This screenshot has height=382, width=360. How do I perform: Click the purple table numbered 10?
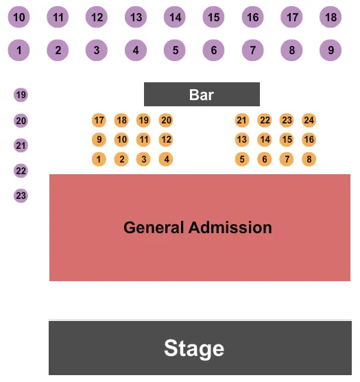click(20, 17)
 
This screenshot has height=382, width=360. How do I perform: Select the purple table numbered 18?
click(331, 17)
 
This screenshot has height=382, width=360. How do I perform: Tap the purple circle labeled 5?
click(176, 49)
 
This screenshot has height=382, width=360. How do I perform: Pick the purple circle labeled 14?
click(176, 17)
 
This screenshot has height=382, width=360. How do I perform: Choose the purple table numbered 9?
click(331, 49)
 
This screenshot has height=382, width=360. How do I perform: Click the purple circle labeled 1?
click(20, 49)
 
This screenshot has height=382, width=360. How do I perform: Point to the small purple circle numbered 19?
click(21, 95)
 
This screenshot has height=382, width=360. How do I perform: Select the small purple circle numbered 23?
click(21, 196)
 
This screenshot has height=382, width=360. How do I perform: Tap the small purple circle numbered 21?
click(21, 145)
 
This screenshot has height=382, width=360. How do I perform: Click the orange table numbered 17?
click(99, 121)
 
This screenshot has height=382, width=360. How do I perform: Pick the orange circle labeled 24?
click(309, 121)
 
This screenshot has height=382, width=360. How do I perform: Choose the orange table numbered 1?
click(99, 160)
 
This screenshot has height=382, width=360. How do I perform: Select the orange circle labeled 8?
click(309, 160)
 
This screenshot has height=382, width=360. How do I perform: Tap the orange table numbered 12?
click(166, 140)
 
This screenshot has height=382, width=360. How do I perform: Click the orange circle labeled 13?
click(241, 140)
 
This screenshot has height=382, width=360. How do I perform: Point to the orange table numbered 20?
click(166, 121)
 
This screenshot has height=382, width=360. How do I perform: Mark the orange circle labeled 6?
click(265, 160)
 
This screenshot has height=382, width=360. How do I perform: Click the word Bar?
click(202, 95)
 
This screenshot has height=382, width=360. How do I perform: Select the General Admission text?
click(197, 227)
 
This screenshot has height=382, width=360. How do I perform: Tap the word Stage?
click(194, 348)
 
